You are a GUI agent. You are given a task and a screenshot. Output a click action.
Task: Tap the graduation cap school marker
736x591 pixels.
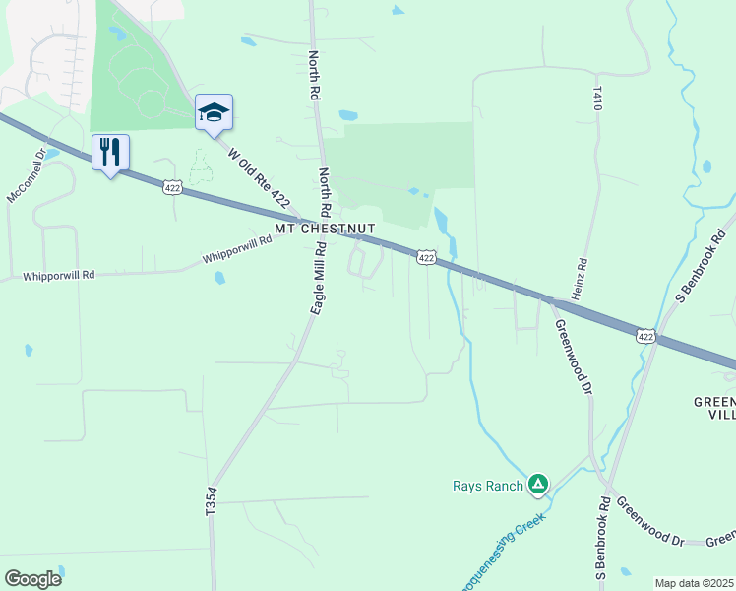point(213,111)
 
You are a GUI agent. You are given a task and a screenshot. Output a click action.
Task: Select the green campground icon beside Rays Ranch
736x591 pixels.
point(537,484)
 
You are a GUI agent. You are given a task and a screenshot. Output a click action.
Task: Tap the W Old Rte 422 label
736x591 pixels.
point(259,178)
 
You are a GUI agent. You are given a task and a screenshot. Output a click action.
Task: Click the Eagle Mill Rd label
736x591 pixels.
point(318,281)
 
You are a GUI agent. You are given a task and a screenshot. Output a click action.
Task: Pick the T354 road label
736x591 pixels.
point(211,503)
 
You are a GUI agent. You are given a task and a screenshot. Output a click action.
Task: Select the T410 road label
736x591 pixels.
point(597,97)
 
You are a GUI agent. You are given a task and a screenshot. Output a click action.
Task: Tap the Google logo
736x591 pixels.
point(33,578)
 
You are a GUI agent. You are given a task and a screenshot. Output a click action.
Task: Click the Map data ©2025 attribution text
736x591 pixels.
point(694,583)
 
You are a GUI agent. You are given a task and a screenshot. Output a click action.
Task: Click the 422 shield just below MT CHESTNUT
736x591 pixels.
point(425,257)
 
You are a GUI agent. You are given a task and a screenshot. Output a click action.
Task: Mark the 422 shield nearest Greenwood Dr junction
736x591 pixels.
point(644,336)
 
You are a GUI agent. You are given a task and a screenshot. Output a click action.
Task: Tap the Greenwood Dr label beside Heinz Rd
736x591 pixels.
point(573,357)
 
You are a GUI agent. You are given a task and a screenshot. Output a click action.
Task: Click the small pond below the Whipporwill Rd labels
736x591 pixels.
point(219,278)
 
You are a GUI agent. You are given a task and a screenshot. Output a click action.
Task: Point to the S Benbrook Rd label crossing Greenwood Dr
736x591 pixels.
point(599,537)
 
